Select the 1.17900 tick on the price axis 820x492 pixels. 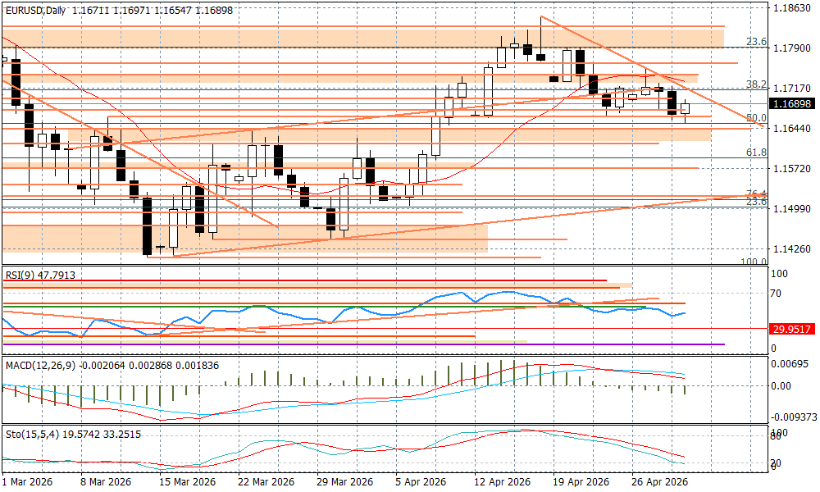pos(793,48)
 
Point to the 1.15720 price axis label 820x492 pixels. pos(793,168)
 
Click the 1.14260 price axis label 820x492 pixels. pos(793,248)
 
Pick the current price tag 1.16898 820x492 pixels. pos(793,104)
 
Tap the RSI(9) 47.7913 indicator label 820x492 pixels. pos(40,276)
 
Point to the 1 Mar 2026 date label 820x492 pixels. pos(28,482)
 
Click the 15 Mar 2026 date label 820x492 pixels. pos(188,482)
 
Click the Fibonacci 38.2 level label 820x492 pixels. pos(756,84)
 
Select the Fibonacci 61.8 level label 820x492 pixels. pos(756,153)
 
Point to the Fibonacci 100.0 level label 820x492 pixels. pos(754,262)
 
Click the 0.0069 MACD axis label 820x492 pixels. pos(790,362)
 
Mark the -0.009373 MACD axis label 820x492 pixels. pos(794,417)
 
